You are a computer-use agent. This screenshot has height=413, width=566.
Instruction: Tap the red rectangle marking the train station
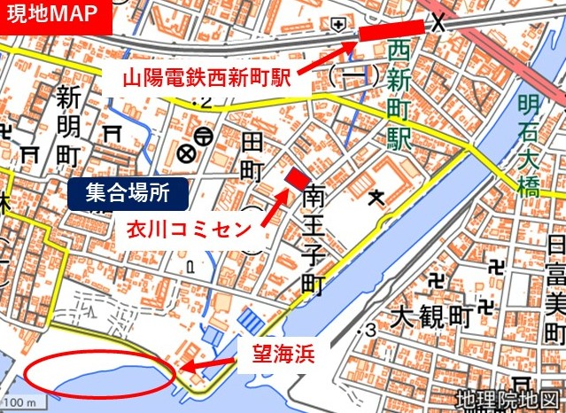click(392, 31)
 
